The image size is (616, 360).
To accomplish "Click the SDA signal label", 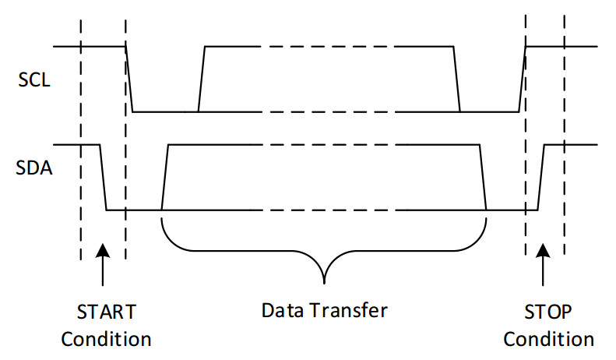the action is coord(35,167).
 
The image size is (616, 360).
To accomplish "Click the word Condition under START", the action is coord(106,339).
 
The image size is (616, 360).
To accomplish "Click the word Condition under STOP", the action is coord(548,339).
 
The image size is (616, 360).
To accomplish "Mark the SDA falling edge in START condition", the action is coord(103,178).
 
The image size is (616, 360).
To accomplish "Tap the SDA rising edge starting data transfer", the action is coord(164,178).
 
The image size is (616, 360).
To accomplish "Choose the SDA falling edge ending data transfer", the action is coord(482,178).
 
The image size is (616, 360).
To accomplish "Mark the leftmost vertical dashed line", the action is coord(80,140).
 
